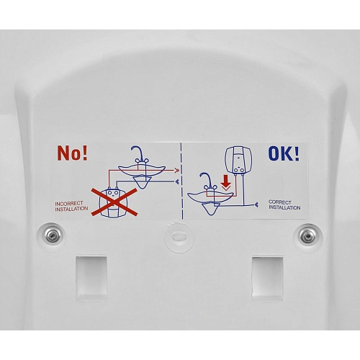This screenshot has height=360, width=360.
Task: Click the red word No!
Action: click(x=72, y=153)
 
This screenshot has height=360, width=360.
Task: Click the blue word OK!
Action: click(x=284, y=153)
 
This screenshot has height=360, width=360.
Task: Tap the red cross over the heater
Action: click(x=114, y=202)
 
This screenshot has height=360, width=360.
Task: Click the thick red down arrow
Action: click(x=226, y=183)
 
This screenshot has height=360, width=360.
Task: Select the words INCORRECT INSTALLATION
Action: click(x=71, y=206)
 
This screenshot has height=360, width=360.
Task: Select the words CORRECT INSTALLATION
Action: click(x=284, y=204)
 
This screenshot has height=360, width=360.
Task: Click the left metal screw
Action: click(x=52, y=235)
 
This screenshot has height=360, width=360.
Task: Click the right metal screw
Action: click(x=307, y=237)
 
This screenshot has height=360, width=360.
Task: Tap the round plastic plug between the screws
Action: click(x=179, y=236)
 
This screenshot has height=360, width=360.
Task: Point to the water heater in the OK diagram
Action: click(x=238, y=160)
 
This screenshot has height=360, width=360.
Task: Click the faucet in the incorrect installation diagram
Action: click(x=139, y=155)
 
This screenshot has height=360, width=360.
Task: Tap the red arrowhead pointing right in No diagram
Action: click(x=177, y=171)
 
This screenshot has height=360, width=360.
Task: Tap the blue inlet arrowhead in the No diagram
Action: click(x=177, y=181)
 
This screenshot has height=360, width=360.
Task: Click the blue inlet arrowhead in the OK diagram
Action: click(x=256, y=204)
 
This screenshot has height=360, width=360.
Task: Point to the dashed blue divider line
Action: click(x=181, y=181)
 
